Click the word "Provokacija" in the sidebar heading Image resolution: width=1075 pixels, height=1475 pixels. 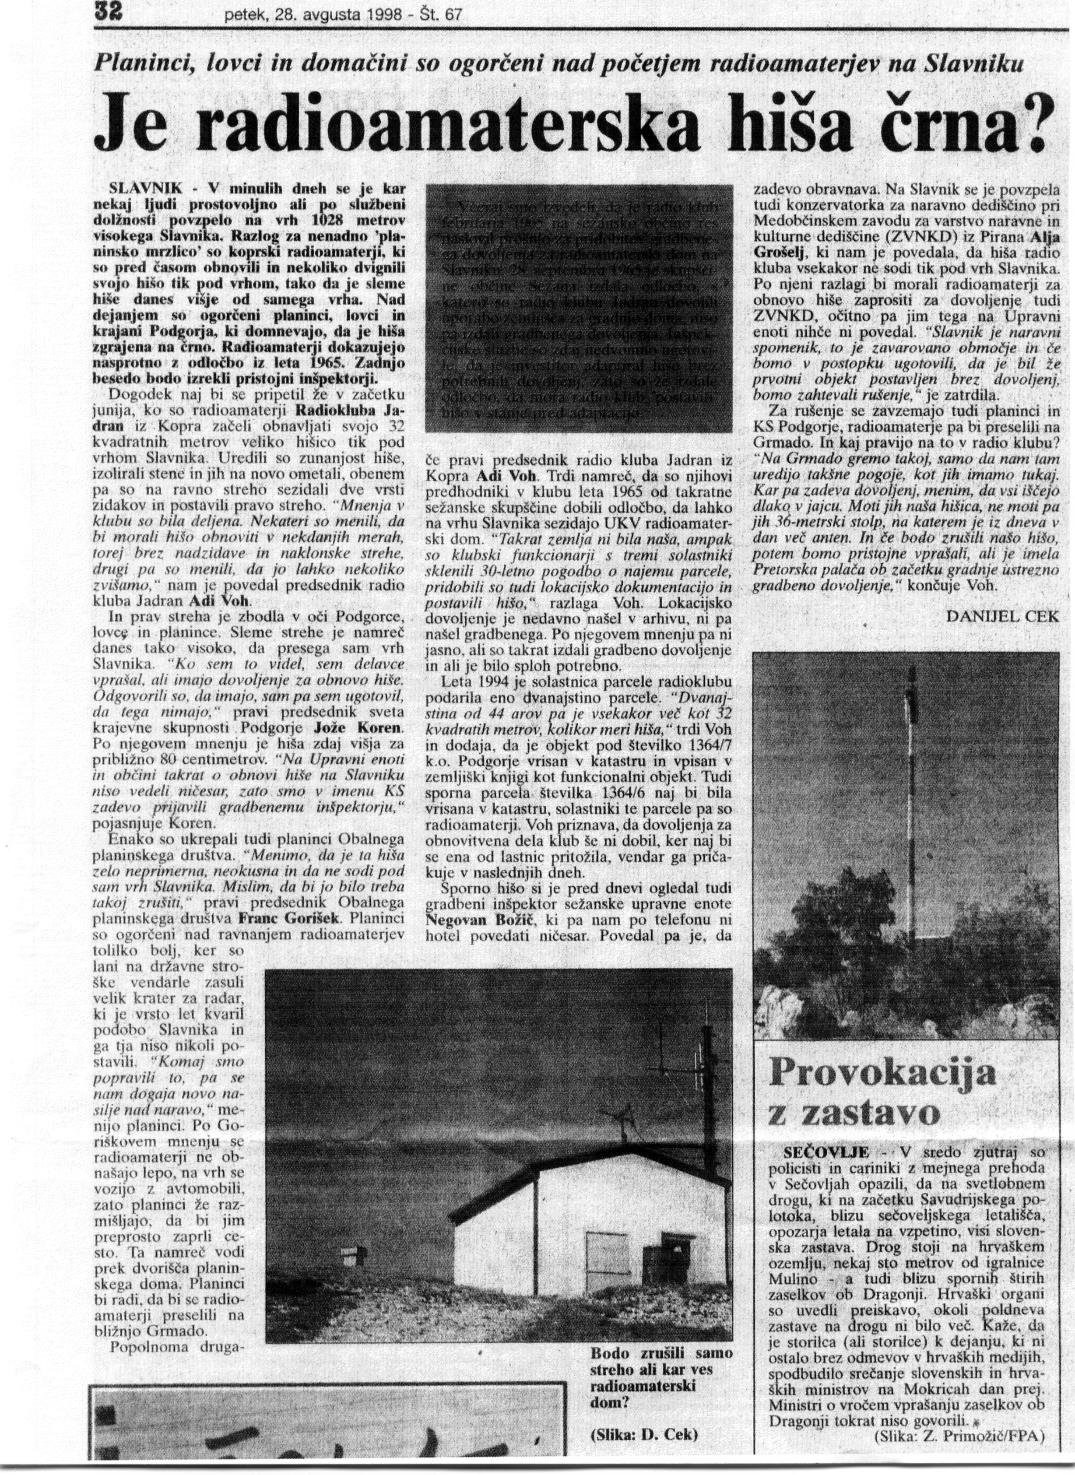[882, 1071]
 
